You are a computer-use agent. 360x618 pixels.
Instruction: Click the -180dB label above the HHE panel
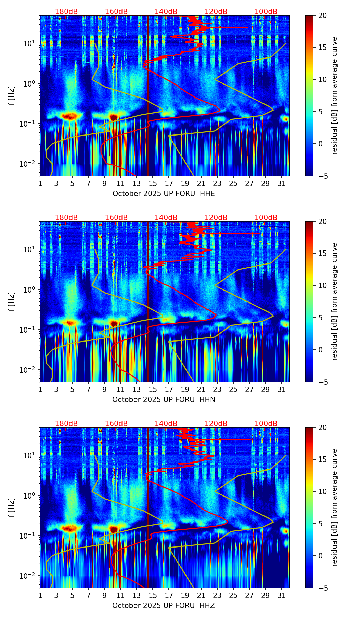click(x=65, y=12)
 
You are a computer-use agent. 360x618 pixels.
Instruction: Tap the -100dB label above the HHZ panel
click(x=265, y=424)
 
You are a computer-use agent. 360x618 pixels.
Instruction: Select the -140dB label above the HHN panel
click(x=165, y=218)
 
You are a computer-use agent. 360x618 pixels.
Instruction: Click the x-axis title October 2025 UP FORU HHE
click(x=164, y=194)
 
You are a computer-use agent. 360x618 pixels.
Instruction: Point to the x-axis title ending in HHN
click(x=164, y=400)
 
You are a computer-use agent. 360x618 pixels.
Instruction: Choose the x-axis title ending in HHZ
click(x=164, y=606)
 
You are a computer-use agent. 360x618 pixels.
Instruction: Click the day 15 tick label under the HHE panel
click(x=153, y=183)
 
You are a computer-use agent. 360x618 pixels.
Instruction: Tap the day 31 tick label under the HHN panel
click(x=281, y=389)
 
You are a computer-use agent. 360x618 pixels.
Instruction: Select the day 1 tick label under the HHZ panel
click(x=40, y=595)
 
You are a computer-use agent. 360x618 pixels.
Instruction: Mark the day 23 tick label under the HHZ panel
click(x=217, y=595)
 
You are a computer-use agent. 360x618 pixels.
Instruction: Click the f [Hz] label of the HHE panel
click(x=12, y=96)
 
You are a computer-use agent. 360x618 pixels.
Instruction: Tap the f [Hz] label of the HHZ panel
click(x=12, y=508)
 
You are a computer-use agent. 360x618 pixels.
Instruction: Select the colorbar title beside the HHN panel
click(x=334, y=301)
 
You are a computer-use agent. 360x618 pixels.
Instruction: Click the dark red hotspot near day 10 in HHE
click(x=113, y=117)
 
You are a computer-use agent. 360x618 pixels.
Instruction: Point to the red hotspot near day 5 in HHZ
click(x=70, y=528)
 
